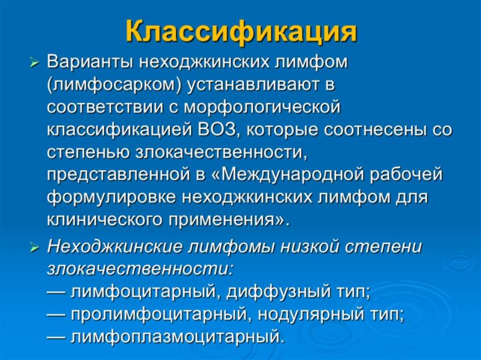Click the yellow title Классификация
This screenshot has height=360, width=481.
[x=241, y=33]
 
